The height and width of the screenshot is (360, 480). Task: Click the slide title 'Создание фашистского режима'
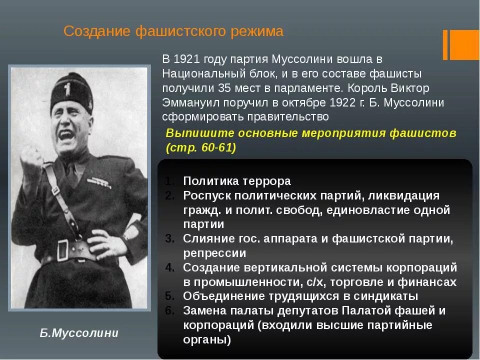pos(173,32)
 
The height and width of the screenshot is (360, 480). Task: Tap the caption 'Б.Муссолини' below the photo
pos(79,333)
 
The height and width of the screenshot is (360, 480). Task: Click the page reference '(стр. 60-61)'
pos(200,148)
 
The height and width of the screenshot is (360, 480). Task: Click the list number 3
pos(169,238)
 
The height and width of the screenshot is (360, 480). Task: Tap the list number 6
pos(169,310)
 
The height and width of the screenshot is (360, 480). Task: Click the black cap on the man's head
pos(71,92)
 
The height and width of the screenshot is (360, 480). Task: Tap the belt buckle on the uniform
pos(63,248)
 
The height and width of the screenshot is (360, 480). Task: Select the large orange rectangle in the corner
pos(464,44)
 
